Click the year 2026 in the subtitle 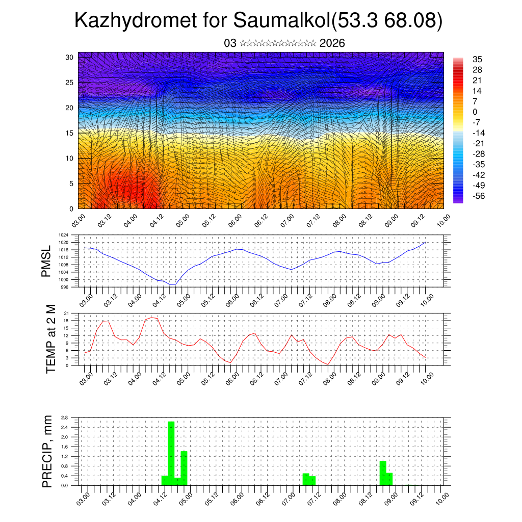[332, 43]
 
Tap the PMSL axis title [46, 261]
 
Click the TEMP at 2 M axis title [50, 338]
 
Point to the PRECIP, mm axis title [47, 451]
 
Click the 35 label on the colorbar [478, 60]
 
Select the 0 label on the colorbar [475, 112]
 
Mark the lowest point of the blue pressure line [172, 284]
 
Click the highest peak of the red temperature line [151, 318]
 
